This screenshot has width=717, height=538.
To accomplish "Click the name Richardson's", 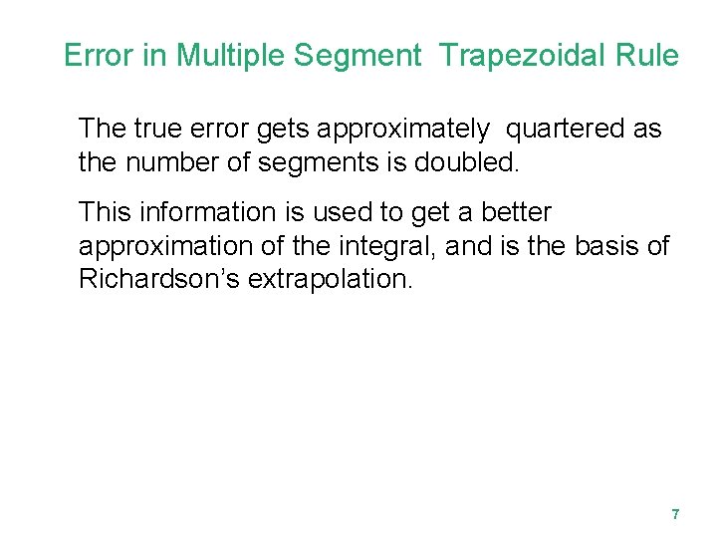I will click(159, 278).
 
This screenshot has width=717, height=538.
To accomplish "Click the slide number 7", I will click(675, 515).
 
